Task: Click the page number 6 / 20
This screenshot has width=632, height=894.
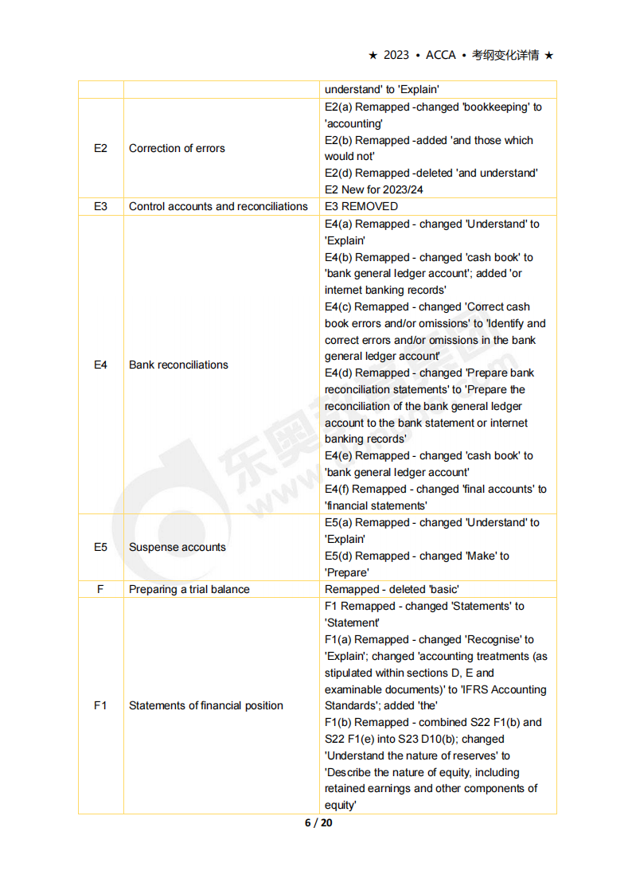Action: tap(318, 822)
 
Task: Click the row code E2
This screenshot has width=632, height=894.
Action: tap(100, 148)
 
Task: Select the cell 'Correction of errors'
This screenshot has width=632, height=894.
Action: tap(177, 148)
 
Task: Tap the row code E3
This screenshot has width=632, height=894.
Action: tap(100, 206)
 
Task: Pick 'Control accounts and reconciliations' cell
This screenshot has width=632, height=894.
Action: tap(218, 206)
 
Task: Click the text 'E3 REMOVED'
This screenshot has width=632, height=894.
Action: tap(361, 206)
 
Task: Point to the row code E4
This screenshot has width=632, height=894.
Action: tap(100, 365)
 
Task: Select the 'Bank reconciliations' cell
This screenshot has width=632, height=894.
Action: tap(178, 365)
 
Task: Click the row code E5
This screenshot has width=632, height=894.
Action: tap(100, 547)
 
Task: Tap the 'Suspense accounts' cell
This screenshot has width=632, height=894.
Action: tap(177, 547)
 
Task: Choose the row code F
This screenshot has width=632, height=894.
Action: tap(100, 589)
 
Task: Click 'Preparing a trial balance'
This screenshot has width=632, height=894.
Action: tap(189, 589)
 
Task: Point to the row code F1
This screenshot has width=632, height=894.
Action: tap(100, 705)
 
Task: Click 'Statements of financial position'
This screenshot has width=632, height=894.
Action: tap(205, 705)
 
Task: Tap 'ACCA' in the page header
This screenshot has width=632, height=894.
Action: tap(441, 55)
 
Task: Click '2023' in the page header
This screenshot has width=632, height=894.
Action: tap(396, 55)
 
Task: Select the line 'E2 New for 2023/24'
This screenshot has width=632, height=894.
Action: tap(374, 189)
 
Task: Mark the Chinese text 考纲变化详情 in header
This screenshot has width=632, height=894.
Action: tap(505, 55)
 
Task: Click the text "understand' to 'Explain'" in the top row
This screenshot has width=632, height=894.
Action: tap(382, 90)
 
